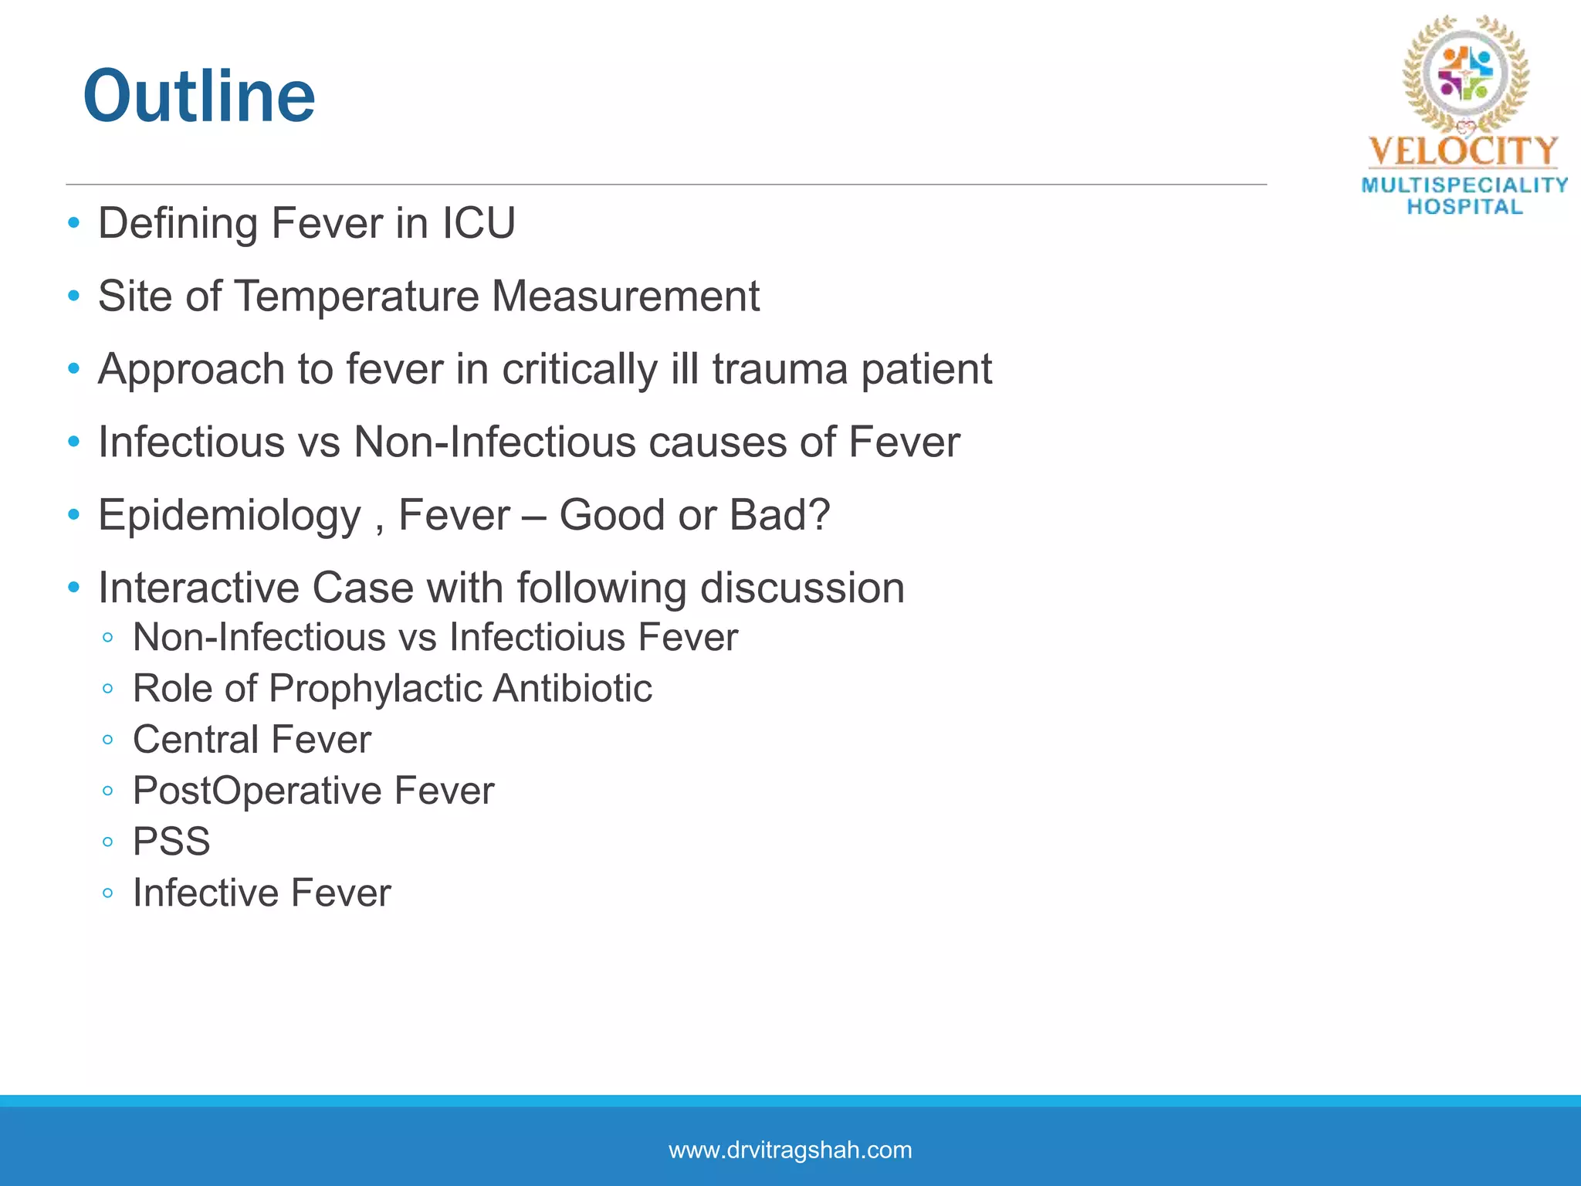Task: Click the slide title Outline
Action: click(199, 97)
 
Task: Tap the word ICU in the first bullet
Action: click(479, 224)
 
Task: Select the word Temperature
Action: click(356, 296)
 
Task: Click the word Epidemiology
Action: click(229, 516)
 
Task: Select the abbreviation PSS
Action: click(171, 842)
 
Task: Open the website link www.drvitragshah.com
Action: click(790, 1150)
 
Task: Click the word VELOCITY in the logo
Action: click(1463, 151)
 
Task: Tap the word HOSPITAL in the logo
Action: click(1464, 207)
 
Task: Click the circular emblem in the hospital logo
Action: click(1464, 74)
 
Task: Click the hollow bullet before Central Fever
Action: click(108, 740)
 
